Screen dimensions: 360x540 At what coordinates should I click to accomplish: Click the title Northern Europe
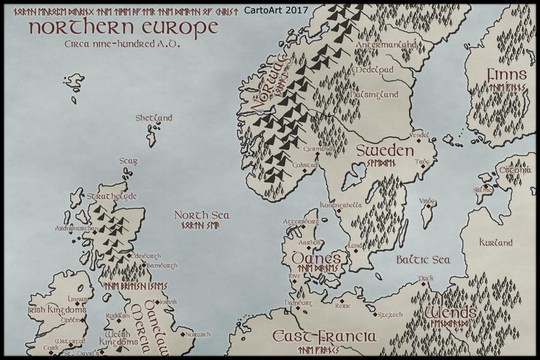pyautogui.click(x=122, y=27)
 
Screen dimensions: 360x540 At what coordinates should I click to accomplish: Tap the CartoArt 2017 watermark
pyautogui.click(x=277, y=10)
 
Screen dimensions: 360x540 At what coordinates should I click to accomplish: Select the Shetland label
pyautogui.click(x=154, y=118)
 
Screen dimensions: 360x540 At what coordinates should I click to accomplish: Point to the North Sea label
pyautogui.click(x=201, y=215)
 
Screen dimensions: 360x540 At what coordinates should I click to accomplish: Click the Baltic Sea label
pyautogui.click(x=423, y=260)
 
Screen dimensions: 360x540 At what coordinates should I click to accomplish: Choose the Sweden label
pyautogui.click(x=385, y=150)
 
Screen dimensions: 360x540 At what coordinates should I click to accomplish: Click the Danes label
pyautogui.click(x=316, y=259)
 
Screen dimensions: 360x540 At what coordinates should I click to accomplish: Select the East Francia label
pyautogui.click(x=324, y=336)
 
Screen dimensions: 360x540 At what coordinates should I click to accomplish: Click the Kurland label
pyautogui.click(x=496, y=242)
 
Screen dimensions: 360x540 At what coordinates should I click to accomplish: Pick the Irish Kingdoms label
pyautogui.click(x=57, y=310)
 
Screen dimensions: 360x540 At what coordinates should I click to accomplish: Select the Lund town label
pyautogui.click(x=355, y=246)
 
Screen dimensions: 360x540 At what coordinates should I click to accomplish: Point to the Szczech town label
pyautogui.click(x=390, y=314)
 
